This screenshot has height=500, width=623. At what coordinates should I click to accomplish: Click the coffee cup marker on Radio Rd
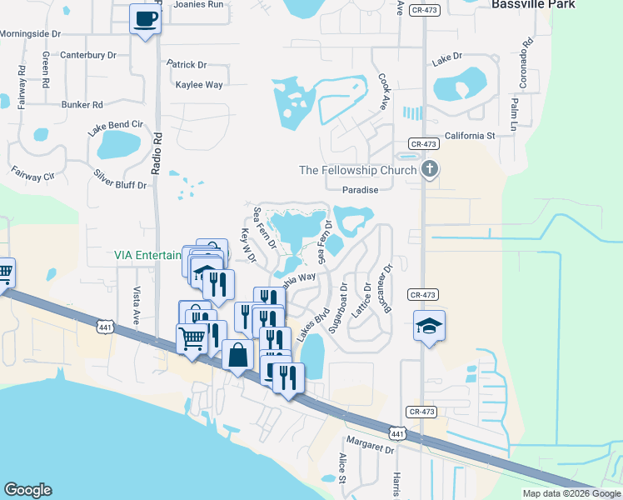point(145,18)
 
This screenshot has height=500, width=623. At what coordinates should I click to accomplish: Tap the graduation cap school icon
point(429,326)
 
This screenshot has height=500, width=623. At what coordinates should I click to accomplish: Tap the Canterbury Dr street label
point(88,55)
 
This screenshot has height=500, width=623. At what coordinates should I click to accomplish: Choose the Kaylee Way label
point(199,85)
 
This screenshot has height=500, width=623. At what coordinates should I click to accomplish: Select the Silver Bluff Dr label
point(120,179)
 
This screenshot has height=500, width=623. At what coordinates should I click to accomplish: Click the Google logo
point(27,490)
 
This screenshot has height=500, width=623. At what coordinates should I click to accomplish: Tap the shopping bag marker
point(238,354)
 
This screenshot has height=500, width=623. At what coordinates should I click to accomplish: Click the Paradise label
point(361,190)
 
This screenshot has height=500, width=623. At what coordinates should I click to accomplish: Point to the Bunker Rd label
point(82,105)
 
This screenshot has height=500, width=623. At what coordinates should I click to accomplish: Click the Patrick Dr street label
point(187,64)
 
